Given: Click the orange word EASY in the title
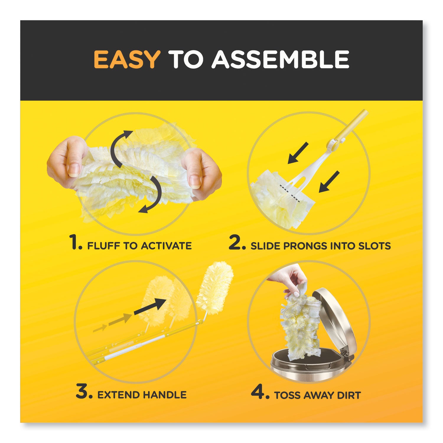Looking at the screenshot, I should (127, 60).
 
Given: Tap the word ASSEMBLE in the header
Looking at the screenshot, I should (280, 60).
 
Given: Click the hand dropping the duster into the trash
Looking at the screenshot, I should (288, 278).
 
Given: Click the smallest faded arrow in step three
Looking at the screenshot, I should (100, 328).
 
